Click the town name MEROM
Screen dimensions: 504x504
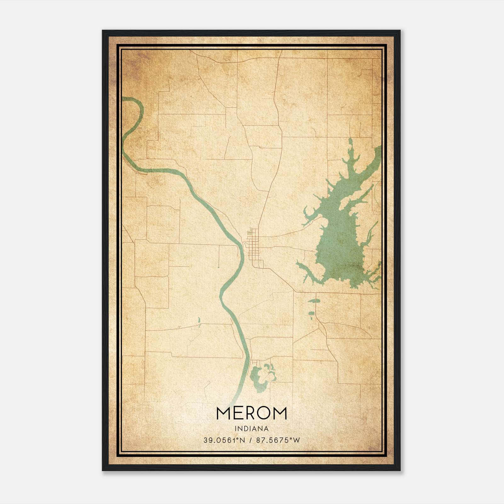251,413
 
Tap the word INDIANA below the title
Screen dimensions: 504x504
251,429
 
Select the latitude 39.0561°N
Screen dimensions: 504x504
224,440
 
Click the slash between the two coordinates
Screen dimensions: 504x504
251,440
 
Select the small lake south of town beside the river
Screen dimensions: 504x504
260,378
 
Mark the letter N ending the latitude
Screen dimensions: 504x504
243,440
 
